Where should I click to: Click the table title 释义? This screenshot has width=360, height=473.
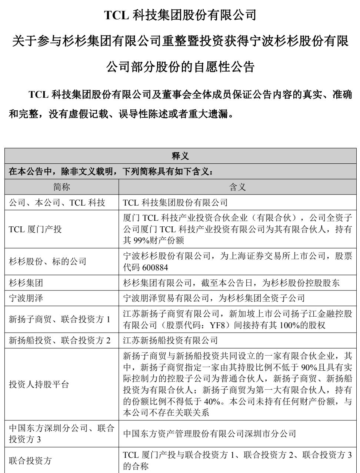(x=180, y=156)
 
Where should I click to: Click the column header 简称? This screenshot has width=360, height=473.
(x=61, y=187)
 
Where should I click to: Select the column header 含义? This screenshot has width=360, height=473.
(x=237, y=187)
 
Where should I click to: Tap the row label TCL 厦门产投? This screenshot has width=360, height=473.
(x=35, y=229)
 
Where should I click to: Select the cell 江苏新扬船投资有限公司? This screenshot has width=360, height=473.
(x=170, y=340)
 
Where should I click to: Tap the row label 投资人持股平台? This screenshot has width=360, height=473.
(x=39, y=384)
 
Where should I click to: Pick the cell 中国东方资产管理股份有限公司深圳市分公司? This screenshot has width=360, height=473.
(x=210, y=434)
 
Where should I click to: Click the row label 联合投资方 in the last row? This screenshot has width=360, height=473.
(x=30, y=461)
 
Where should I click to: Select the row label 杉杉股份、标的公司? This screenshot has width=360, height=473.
(x=47, y=262)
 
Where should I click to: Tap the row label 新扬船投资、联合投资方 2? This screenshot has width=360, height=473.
(x=60, y=340)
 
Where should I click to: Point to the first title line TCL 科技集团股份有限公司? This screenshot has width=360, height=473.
(x=180, y=15)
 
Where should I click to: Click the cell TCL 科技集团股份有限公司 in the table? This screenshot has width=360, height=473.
(x=175, y=203)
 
